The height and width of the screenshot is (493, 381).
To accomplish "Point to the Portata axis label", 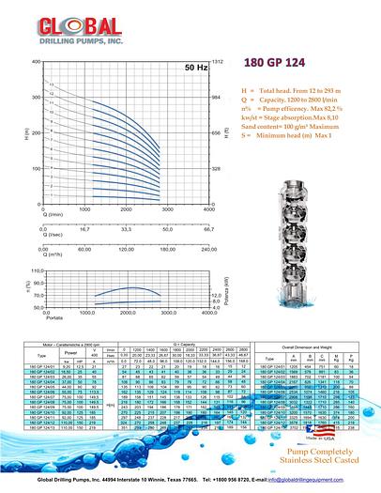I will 28,316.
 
